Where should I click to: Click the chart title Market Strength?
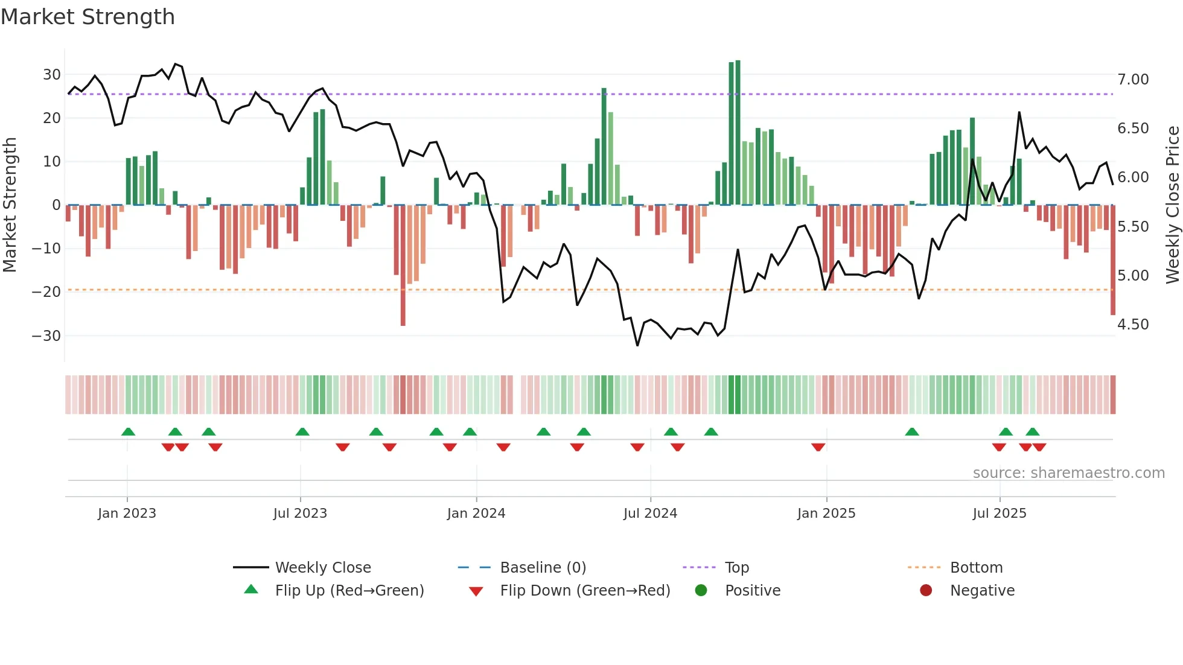[88, 17]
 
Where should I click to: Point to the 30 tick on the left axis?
[52, 75]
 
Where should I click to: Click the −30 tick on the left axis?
[47, 336]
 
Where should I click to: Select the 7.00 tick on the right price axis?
[1133, 80]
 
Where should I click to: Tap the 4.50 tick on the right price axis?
[1133, 325]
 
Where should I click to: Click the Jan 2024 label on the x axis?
[476, 514]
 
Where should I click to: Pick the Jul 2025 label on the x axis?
[1000, 514]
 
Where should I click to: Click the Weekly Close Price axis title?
[1172, 205]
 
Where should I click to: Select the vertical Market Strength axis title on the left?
[10, 205]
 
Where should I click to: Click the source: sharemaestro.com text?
[1068, 473]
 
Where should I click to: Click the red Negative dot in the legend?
[926, 591]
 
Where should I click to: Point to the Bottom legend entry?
[976, 568]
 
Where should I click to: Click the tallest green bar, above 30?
[738, 133]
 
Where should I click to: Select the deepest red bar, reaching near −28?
[403, 266]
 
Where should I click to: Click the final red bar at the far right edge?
[1113, 259]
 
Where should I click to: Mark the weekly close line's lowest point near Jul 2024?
[637, 345]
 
